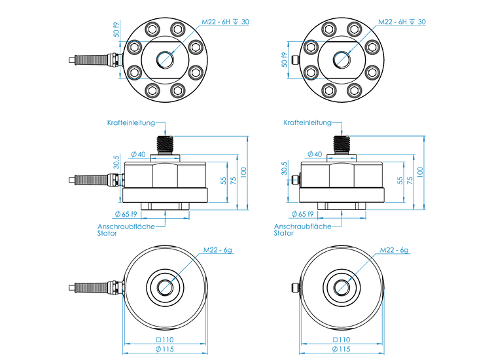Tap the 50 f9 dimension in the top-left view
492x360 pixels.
(x=115, y=29)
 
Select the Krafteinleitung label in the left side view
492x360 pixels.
(x=131, y=122)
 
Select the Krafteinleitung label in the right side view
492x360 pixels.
(x=307, y=122)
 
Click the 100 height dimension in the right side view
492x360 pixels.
(x=419, y=171)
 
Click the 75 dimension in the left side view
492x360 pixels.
(x=234, y=180)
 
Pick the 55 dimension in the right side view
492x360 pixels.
(x=400, y=180)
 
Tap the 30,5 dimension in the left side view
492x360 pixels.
(x=116, y=162)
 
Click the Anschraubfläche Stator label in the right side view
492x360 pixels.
(x=302, y=229)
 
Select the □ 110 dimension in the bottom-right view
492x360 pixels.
(x=341, y=340)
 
